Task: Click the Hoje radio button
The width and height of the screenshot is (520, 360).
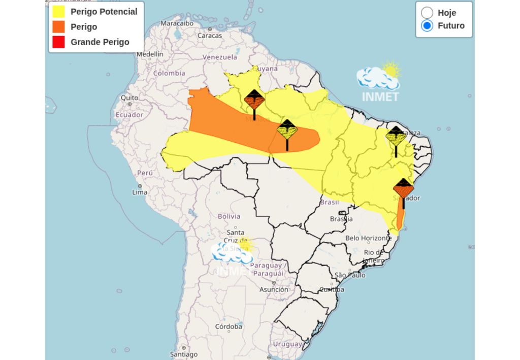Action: [427, 13]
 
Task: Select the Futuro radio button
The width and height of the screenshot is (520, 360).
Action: [427, 25]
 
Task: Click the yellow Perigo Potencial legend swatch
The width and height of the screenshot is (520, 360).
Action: [58, 12]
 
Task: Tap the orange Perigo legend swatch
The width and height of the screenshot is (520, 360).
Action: [58, 27]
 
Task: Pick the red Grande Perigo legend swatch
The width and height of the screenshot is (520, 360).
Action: [58, 42]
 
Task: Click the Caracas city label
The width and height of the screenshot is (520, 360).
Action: [210, 36]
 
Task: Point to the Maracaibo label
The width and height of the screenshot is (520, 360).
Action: [177, 23]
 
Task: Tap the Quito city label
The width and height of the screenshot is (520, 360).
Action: [129, 97]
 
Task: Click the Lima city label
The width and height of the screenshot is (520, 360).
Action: [140, 192]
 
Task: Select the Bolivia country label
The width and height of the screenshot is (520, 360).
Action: [229, 216]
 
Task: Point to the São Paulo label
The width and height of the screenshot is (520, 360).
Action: [350, 275]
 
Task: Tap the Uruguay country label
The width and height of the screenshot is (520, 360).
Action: [287, 344]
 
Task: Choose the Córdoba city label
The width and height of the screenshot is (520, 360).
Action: [228, 326]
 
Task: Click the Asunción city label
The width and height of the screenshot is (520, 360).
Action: [274, 289]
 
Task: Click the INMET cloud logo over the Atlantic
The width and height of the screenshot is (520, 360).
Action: [380, 81]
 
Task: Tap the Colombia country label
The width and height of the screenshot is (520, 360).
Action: [169, 73]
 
